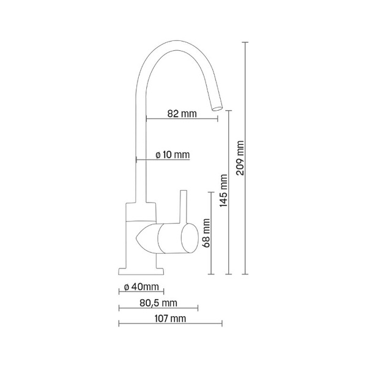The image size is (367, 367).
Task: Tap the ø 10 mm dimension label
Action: coord(172,155)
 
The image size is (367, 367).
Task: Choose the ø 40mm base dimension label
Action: coord(141,287)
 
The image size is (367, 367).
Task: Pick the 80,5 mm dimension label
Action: coord(158,303)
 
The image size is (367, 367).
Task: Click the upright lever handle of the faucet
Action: coord(182,208)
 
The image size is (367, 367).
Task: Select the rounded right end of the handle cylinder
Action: coord(195,237)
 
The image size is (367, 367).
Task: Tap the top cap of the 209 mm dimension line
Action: coord(246,42)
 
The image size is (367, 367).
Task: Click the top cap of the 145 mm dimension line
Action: coord(229,111)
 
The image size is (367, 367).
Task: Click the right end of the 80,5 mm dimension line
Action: coord(198,308)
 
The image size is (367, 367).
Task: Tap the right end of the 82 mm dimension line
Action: coord(217,119)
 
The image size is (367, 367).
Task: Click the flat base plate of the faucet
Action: coord(141,269)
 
